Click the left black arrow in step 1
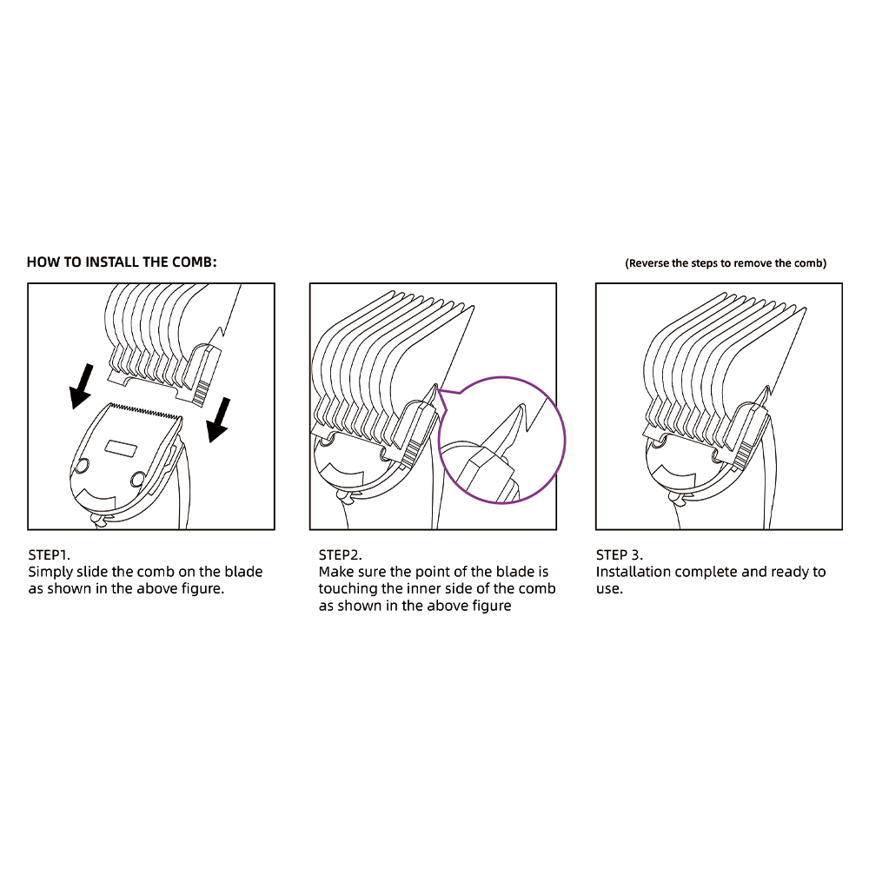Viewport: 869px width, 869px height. tap(81, 387)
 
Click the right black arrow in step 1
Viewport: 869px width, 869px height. tap(219, 420)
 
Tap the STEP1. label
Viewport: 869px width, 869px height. tap(50, 554)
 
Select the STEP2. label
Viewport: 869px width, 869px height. tap(340, 554)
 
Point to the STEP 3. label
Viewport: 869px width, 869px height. tap(620, 554)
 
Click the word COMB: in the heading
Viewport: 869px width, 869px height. tap(195, 262)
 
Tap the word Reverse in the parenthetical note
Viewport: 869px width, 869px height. tap(648, 263)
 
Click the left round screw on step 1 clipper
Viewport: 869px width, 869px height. tap(82, 466)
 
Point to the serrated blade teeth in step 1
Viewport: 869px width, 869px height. tap(146, 411)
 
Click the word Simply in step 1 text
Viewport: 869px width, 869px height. tap(50, 573)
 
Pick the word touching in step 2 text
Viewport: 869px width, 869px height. tap(348, 589)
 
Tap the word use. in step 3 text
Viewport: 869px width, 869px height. tap(610, 589)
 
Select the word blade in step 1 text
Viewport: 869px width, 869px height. tap(243, 572)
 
